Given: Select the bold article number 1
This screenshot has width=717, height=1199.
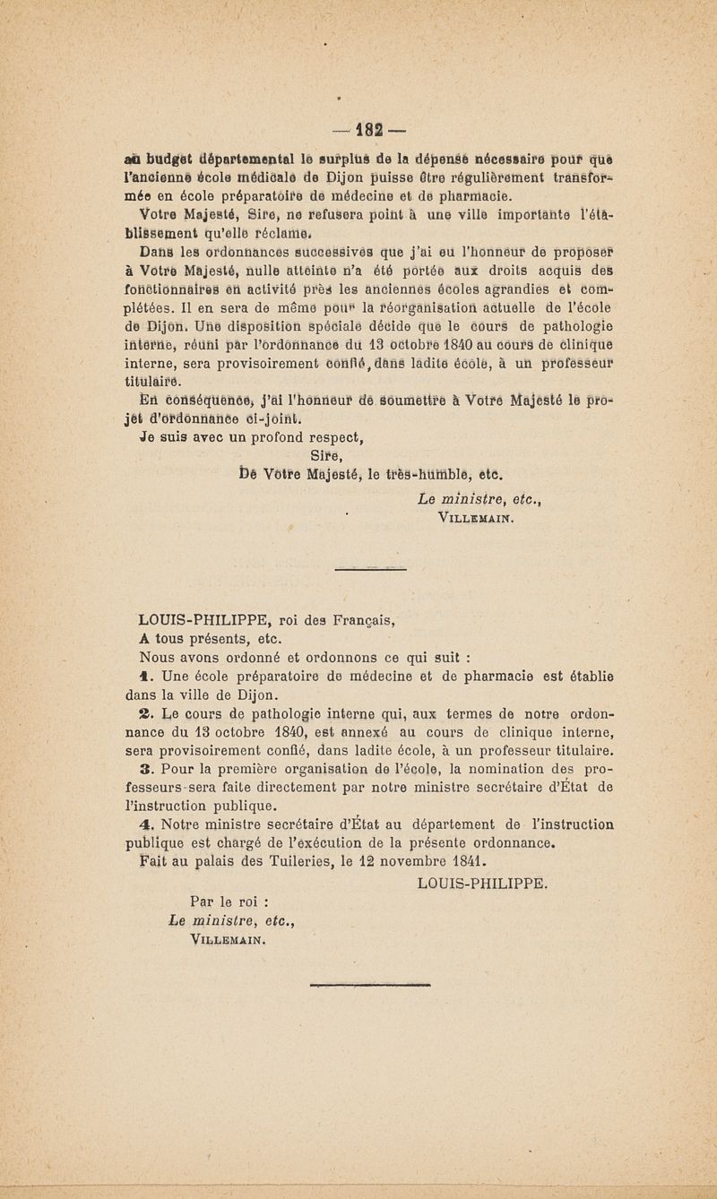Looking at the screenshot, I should [x=143, y=673].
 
